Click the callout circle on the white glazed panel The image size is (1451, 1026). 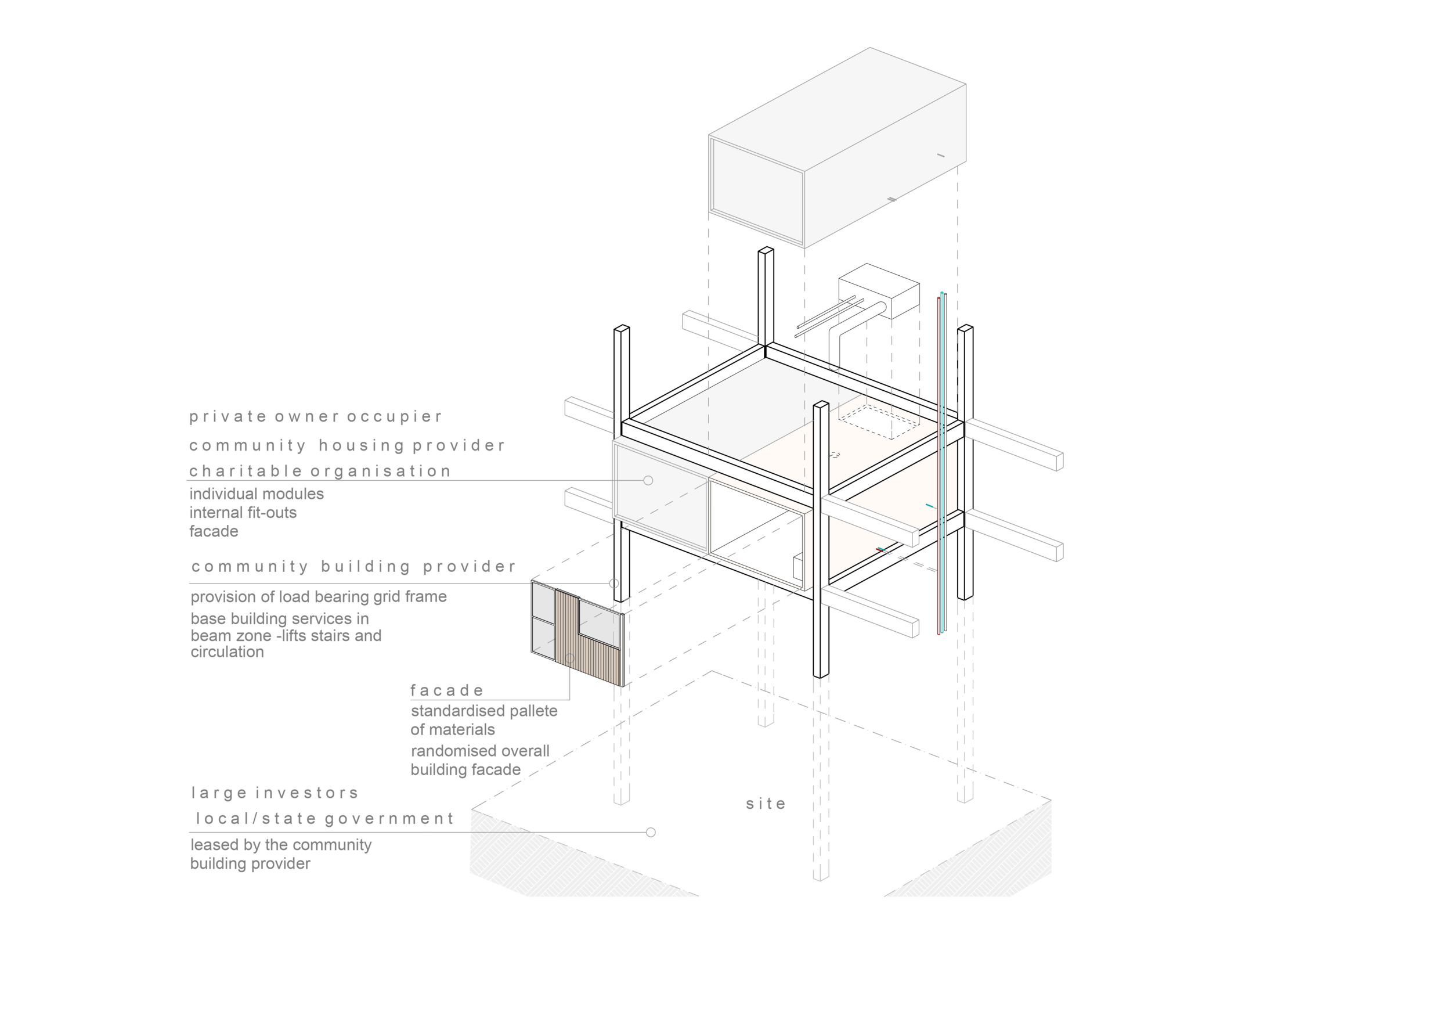648,480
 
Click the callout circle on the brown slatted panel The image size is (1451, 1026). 569,658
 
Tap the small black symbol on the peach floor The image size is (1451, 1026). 835,455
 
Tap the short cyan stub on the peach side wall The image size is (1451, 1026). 930,506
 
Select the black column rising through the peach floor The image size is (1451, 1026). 822,442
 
